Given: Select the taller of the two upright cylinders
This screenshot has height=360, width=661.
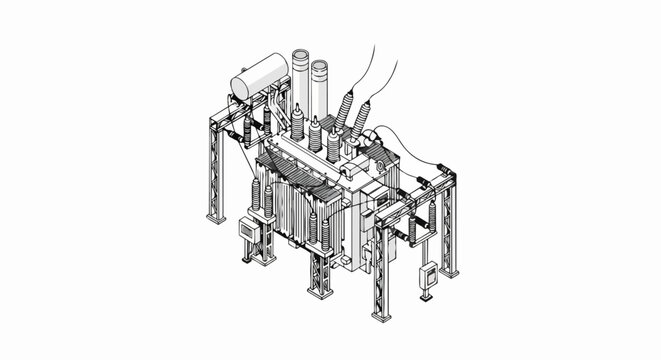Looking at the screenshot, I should pyautogui.click(x=301, y=85).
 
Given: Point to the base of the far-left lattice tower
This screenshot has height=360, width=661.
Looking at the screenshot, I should pyautogui.click(x=216, y=215).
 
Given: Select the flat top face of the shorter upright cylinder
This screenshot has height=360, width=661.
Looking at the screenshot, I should pyautogui.click(x=319, y=66).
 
